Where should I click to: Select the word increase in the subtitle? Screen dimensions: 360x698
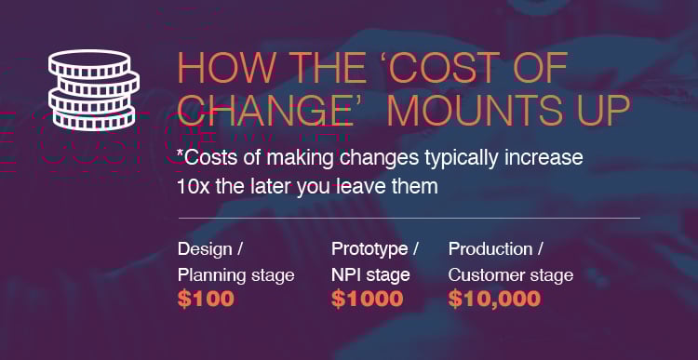[x=544, y=156]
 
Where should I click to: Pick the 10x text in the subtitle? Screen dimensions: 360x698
[x=192, y=185]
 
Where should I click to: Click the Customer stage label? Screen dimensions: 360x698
[x=511, y=275]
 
